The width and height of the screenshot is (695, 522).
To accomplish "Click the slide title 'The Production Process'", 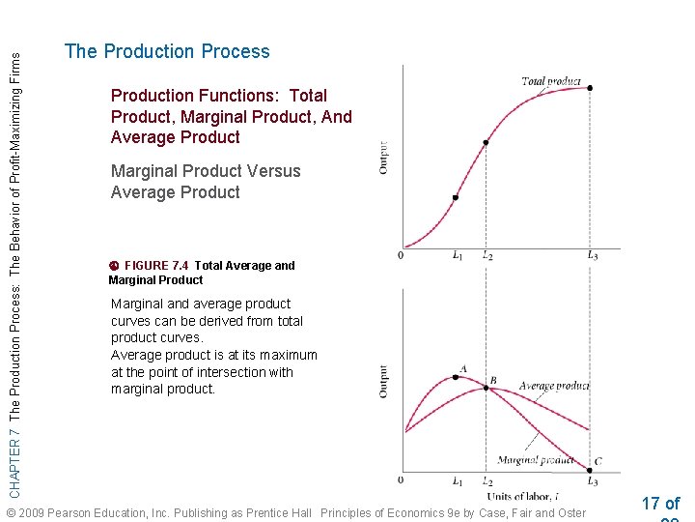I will pos(167,52).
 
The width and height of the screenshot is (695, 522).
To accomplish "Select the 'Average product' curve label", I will pos(553,387).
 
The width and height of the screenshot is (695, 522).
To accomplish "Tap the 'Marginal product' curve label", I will pos(535,460).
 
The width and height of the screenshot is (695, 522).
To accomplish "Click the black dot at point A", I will pos(456,377).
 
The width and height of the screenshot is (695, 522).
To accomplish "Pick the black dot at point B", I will pos(486,388).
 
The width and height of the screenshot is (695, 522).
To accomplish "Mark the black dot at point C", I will pos(590,471).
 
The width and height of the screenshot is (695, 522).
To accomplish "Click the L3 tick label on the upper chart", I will pos(592,255).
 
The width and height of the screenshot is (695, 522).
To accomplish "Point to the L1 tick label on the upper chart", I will pos(457,255).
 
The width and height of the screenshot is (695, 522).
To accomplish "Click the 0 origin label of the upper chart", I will pos(400,255).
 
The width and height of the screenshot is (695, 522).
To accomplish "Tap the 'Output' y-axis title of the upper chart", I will pos(384,158).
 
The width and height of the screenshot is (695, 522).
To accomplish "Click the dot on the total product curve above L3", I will pos(590,88).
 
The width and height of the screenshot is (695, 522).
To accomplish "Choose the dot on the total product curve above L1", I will pos(456,197).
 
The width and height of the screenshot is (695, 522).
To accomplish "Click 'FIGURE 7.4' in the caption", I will pos(158,266).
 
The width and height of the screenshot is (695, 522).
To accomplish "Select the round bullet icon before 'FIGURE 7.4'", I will pos(113,266).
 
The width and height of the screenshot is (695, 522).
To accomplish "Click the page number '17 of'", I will pos(660,503).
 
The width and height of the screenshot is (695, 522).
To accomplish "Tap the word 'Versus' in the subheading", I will pos(273,171).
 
